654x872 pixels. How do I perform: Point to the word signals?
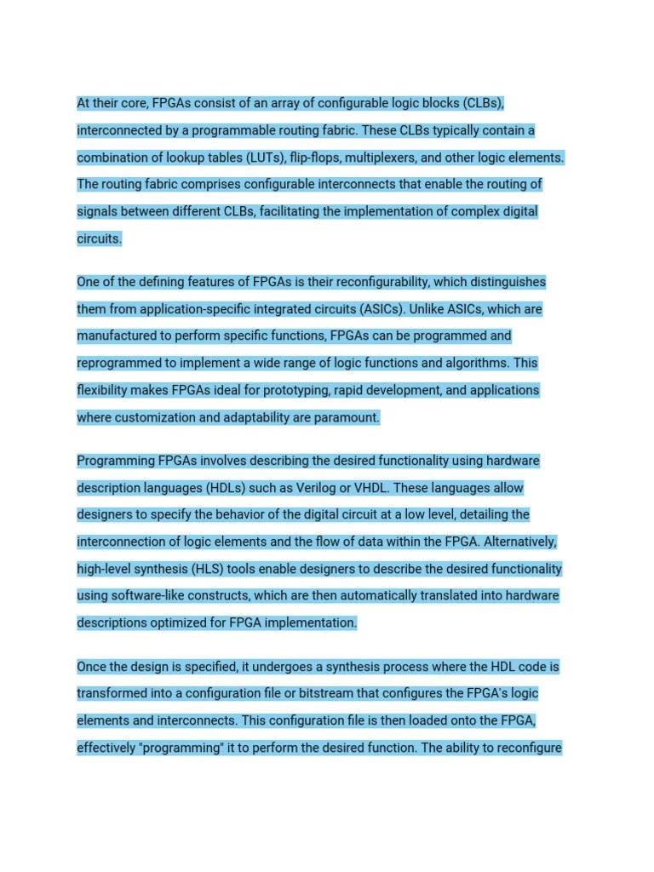coord(99,211)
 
